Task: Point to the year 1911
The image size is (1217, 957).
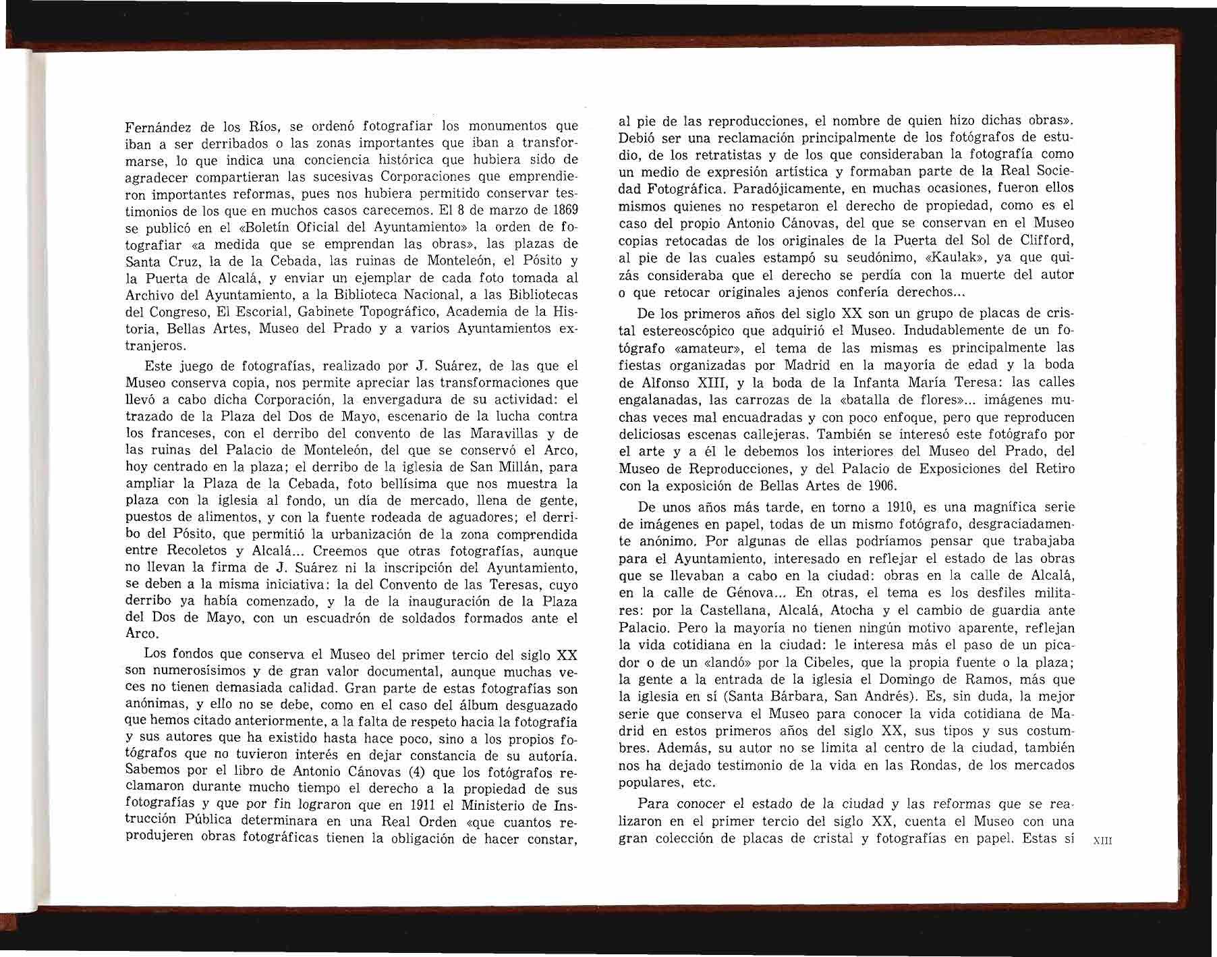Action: (x=425, y=805)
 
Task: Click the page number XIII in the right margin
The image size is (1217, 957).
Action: (x=1102, y=841)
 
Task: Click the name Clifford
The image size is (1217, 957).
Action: (x=1045, y=240)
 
